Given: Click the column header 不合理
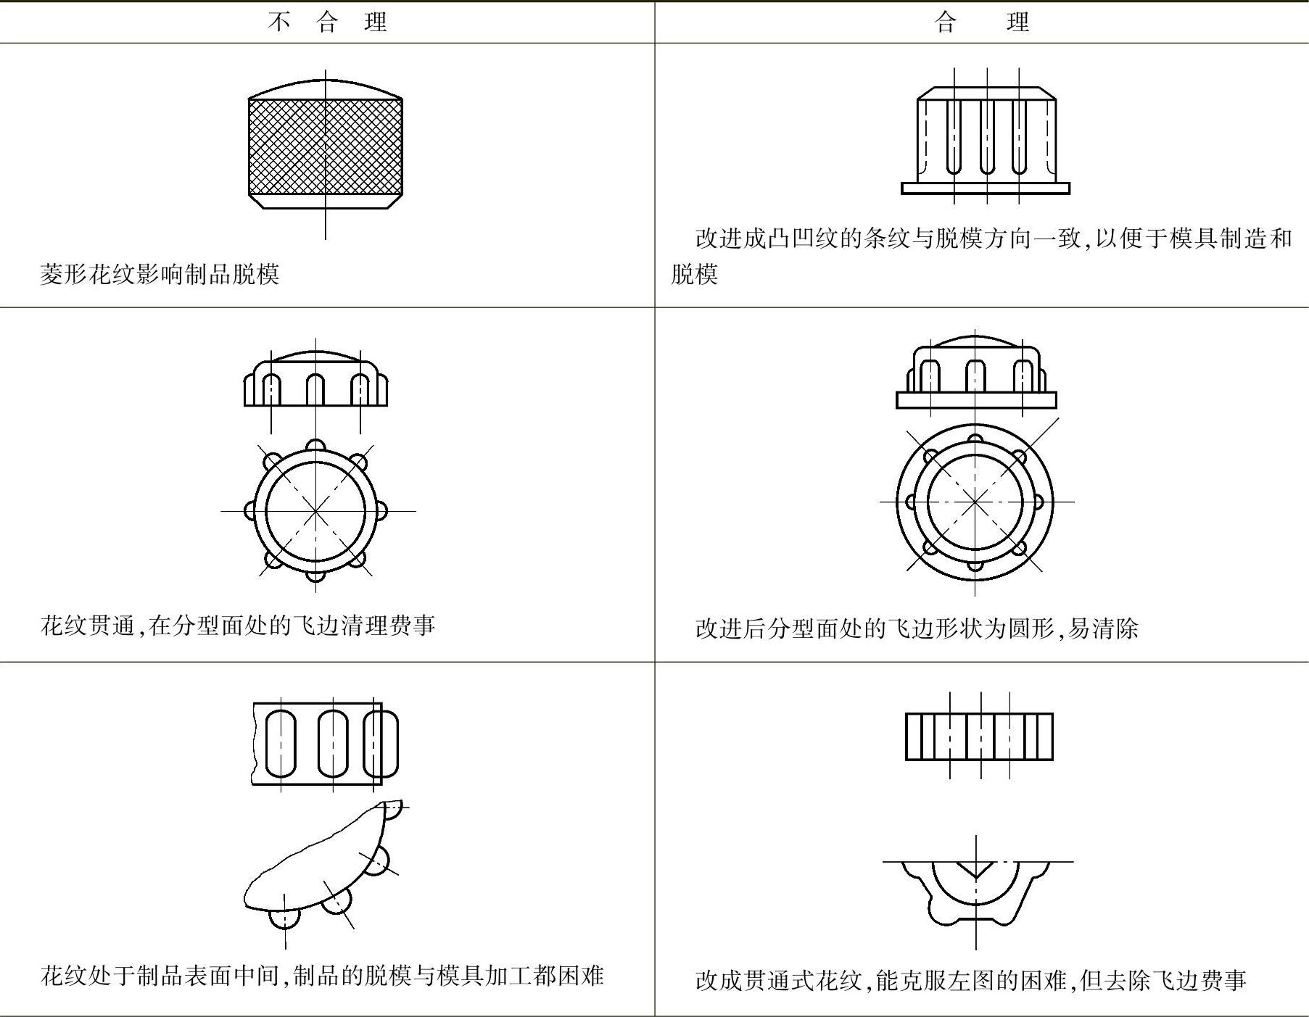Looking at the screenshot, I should [x=327, y=22].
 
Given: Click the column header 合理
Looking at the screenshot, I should [x=981, y=22].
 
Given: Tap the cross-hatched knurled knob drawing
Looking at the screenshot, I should [x=325, y=146].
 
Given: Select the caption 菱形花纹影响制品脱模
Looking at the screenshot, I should [x=160, y=274].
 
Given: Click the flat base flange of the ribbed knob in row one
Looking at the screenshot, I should [x=985, y=188].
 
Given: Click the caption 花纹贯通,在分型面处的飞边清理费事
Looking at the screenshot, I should [x=238, y=625].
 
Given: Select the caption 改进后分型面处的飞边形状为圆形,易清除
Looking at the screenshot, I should [x=916, y=628].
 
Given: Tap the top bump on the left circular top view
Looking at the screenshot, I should [x=315, y=444].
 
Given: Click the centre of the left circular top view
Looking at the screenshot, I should [x=315, y=511].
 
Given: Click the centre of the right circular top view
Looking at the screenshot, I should [x=975, y=501].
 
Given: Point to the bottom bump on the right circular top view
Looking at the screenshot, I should [x=975, y=565].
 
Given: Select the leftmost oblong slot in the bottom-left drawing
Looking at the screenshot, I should [x=281, y=744].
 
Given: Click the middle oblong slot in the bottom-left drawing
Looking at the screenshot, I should [x=333, y=744].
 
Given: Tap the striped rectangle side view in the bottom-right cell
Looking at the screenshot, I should [x=979, y=736].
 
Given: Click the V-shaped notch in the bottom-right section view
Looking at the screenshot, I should [x=975, y=868].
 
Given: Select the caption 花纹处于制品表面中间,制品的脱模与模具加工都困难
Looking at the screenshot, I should [x=322, y=976].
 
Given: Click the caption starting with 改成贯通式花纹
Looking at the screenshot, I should [x=970, y=980].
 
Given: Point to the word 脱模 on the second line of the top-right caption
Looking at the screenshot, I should [x=694, y=274].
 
